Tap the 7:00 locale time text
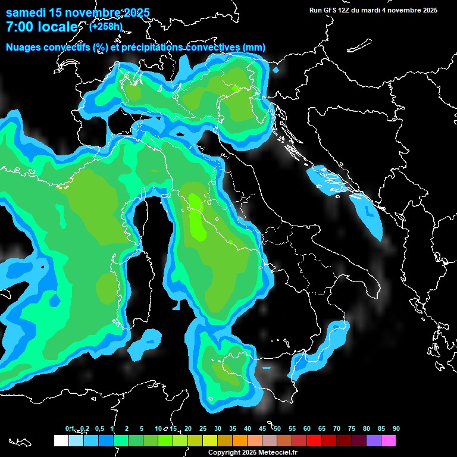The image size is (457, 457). (42, 27)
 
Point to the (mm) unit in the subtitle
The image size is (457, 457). (254, 48)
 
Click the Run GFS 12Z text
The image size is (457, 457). (334, 10)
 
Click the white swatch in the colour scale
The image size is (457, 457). (61, 440)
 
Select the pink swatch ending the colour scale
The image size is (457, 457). (389, 440)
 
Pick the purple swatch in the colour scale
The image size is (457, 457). (374, 440)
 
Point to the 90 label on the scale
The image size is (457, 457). (396, 429)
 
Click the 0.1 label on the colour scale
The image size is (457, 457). (70, 429)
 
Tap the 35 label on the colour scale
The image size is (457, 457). (233, 429)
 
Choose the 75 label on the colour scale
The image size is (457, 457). (352, 429)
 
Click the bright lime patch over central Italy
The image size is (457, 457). (196, 217)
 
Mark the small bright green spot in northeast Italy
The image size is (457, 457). (236, 89)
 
